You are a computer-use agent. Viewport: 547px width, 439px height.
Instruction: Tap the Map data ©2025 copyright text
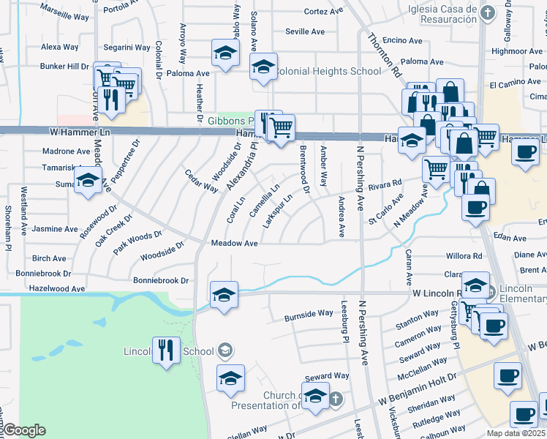[x=516, y=433]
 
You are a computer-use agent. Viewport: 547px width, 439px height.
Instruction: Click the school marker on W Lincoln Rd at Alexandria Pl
[x=224, y=294]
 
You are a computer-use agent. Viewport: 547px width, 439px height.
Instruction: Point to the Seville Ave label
[x=305, y=31]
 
